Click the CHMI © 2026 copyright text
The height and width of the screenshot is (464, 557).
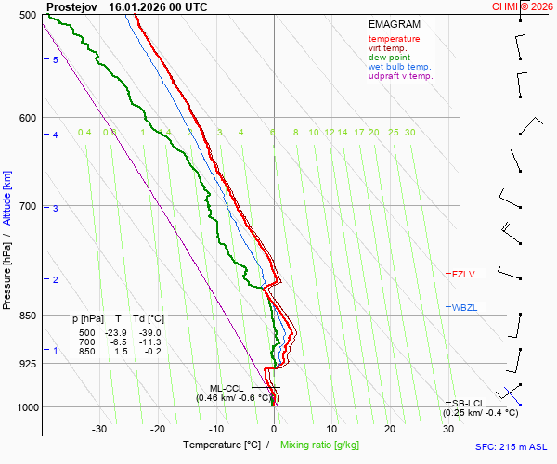pos(522,6)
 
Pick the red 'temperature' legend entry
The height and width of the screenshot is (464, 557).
pos(394,39)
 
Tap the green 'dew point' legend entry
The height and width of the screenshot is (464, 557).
pos(390,58)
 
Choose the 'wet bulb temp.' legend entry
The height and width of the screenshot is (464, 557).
pos(399,67)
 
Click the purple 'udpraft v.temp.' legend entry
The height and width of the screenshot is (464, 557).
pos(400,76)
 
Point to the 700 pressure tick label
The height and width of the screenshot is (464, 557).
pos(27,206)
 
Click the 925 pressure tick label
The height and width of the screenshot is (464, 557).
pos(27,364)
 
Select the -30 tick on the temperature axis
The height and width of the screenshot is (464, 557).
pos(99,429)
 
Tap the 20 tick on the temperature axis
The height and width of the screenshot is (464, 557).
pos(390,429)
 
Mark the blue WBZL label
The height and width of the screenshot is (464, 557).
pos(463,307)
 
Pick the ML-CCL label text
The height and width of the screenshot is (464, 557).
pos(227,388)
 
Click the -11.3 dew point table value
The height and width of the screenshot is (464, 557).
pos(149,342)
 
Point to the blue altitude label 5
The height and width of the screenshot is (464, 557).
pos(56,59)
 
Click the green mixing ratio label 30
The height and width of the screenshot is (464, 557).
pos(409,133)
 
